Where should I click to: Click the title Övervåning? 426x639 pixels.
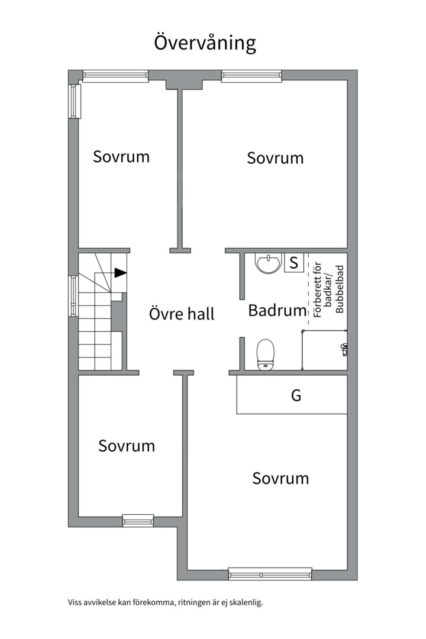click(x=205, y=44)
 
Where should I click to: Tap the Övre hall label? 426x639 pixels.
click(x=181, y=314)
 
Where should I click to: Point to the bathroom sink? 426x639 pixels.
click(x=269, y=263)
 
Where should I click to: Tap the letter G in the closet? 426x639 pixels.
click(x=296, y=396)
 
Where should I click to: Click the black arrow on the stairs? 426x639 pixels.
click(x=120, y=273)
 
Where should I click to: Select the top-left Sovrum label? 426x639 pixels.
click(x=121, y=157)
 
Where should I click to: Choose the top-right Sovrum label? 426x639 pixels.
click(x=275, y=159)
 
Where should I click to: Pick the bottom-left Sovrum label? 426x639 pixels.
click(x=127, y=446)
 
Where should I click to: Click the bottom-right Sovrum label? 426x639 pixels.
click(x=280, y=478)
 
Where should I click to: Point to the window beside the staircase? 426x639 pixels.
click(x=73, y=296)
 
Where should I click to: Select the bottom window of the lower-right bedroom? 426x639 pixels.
click(x=270, y=573)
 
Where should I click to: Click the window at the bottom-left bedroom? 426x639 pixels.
click(x=138, y=520)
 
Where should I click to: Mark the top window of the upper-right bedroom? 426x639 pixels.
click(x=251, y=75)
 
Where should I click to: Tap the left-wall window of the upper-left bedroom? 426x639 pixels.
click(x=74, y=101)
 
